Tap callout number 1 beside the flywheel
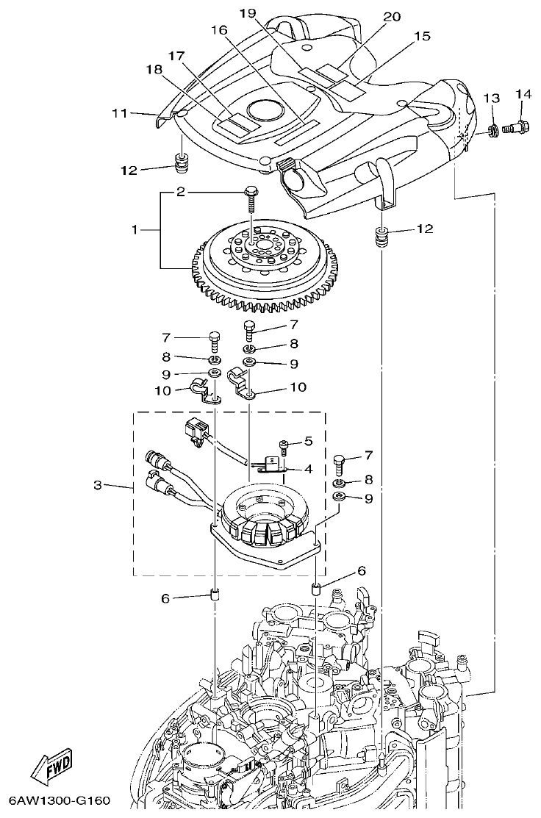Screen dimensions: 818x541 click(135, 230)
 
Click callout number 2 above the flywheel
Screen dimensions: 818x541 click(180, 193)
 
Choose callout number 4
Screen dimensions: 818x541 click(309, 468)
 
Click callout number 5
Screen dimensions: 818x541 click(309, 441)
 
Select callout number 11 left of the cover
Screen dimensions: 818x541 click(120, 113)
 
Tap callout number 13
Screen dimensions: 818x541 click(491, 98)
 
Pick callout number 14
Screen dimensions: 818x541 click(523, 94)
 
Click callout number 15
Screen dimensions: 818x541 click(422, 36)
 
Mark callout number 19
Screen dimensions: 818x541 click(248, 13)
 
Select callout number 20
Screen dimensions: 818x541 click(392, 16)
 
